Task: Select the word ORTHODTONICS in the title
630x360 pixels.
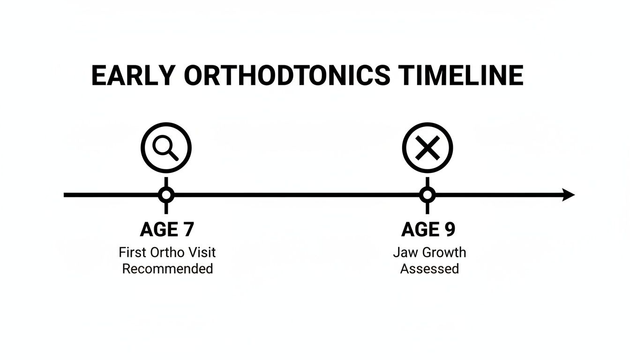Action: click(x=286, y=75)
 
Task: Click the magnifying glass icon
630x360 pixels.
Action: click(x=166, y=148)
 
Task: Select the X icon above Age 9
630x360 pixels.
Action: click(x=427, y=148)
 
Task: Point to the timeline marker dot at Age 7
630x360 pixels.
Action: click(x=166, y=195)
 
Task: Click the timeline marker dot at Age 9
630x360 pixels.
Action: click(x=427, y=195)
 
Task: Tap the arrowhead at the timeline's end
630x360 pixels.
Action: click(x=568, y=195)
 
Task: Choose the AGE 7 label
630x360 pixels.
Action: click(x=166, y=230)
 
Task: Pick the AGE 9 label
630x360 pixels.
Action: click(x=428, y=230)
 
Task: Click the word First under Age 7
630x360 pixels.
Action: click(x=133, y=252)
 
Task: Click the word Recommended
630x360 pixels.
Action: click(x=167, y=269)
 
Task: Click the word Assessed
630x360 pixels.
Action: click(x=429, y=269)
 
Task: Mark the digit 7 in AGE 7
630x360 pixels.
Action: click(x=187, y=230)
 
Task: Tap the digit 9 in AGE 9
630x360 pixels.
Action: click(x=449, y=230)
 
